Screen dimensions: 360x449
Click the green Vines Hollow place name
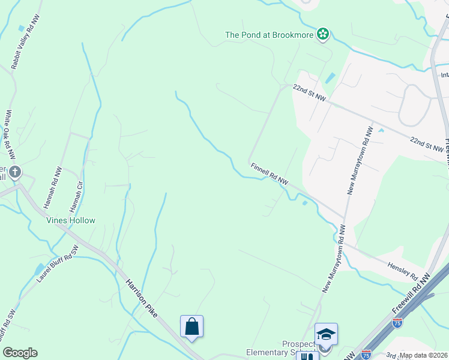click(x=71, y=220)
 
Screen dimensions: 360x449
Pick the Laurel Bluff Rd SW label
click(x=58, y=265)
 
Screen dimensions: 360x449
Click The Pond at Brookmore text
click(x=270, y=35)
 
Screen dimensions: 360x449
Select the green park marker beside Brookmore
click(x=323, y=34)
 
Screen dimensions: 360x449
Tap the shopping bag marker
click(x=191, y=327)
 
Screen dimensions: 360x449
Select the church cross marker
click(x=15, y=172)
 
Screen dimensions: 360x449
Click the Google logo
click(x=20, y=353)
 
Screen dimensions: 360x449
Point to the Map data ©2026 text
click(x=424, y=355)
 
